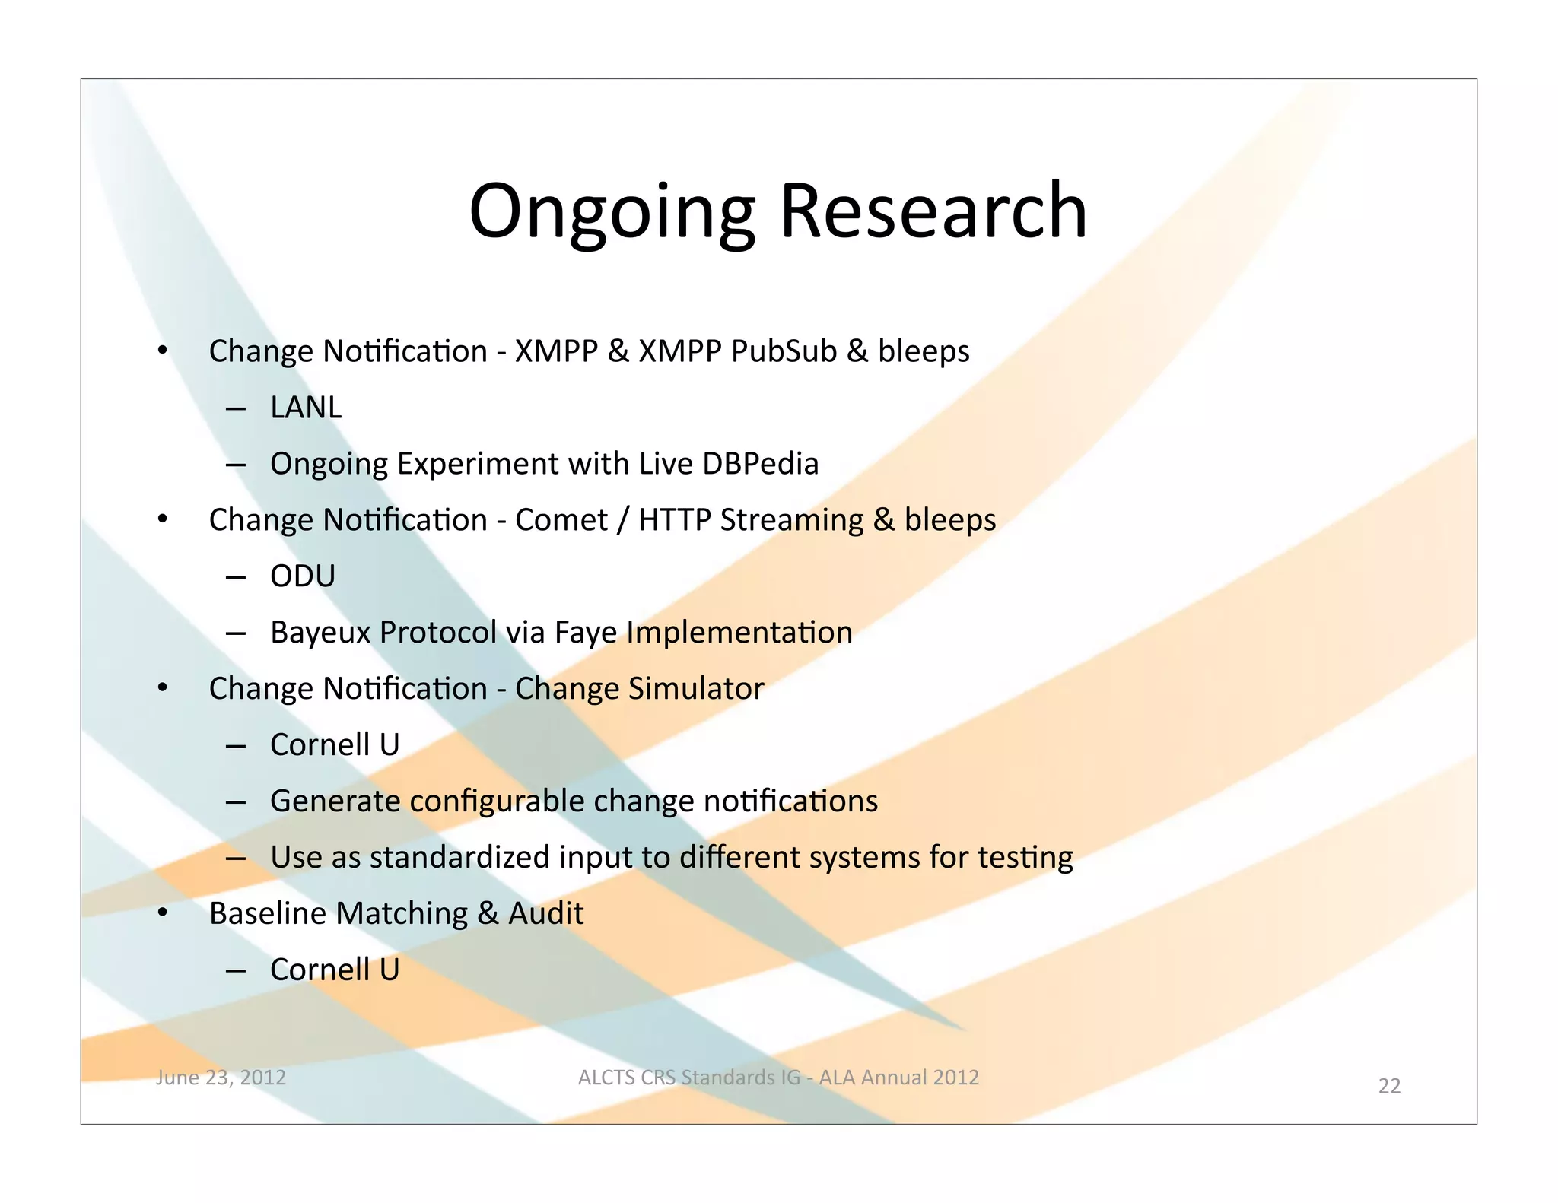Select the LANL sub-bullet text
(x=306, y=408)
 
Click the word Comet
(x=561, y=520)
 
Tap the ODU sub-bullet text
(x=303, y=576)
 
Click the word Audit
(x=545, y=913)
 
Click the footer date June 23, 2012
(x=221, y=1078)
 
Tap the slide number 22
(x=1389, y=1086)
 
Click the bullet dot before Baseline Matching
(x=162, y=913)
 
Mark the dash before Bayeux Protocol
(x=236, y=633)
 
